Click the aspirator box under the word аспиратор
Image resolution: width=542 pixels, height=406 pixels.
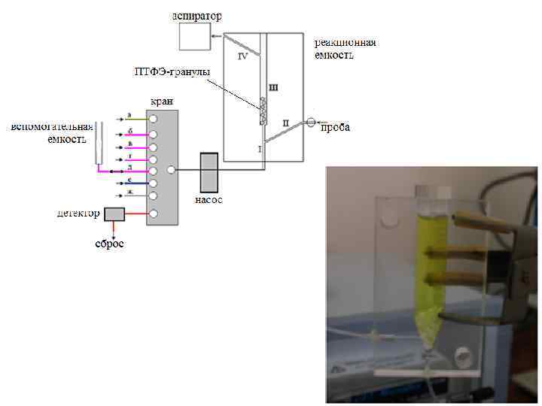point(195,37)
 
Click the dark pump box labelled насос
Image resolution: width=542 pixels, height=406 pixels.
point(209,173)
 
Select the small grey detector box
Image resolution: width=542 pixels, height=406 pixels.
point(114,214)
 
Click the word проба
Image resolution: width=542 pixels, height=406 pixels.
point(336,128)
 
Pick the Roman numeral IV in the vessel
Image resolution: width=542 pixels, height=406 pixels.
point(243,56)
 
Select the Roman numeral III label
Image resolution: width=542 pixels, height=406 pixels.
point(273,87)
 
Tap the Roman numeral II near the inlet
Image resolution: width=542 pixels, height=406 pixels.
point(285,122)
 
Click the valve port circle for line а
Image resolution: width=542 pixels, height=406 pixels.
point(153,119)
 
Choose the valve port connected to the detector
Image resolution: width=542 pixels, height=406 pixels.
point(154,214)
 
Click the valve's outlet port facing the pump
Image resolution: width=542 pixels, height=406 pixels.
point(171,171)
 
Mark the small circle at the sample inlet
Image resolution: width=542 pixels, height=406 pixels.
point(310,121)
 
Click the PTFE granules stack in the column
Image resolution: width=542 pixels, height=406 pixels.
point(262,111)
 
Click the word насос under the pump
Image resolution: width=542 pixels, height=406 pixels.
point(209,200)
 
